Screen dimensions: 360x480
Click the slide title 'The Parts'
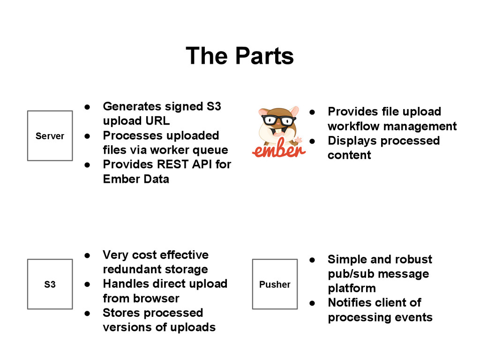click(x=240, y=56)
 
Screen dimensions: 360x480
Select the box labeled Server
click(x=50, y=136)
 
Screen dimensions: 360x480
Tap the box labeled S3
click(x=50, y=284)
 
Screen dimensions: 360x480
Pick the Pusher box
click(x=275, y=284)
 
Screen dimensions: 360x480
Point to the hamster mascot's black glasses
click(x=278, y=120)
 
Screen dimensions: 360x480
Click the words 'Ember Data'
click(x=136, y=179)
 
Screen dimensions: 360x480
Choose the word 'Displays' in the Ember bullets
click(x=350, y=141)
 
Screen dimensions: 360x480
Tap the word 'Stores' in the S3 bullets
click(x=120, y=313)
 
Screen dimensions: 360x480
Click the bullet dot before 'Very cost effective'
click(x=87, y=255)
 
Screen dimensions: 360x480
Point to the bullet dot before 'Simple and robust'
click(x=312, y=260)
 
